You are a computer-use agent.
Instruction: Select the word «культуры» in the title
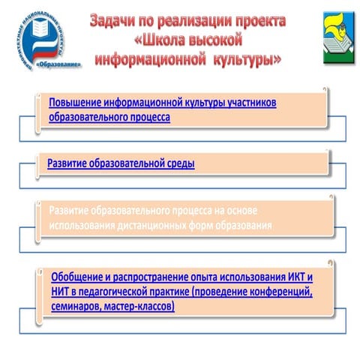pos(245,58)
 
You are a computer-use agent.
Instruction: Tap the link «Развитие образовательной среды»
pos(121,161)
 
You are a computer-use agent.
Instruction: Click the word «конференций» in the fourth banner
pos(276,291)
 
